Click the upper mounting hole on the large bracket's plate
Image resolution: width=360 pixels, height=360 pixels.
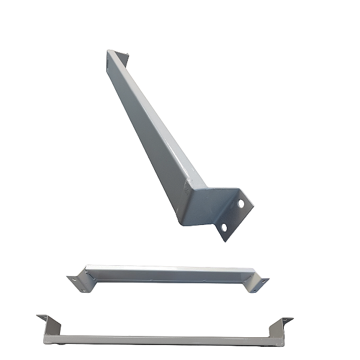click(x=241, y=204)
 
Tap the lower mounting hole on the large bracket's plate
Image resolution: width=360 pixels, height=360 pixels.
click(x=223, y=228)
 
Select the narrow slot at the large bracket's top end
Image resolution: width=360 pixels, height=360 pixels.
click(x=109, y=60)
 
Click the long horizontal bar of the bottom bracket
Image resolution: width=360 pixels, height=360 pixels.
click(x=168, y=340)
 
